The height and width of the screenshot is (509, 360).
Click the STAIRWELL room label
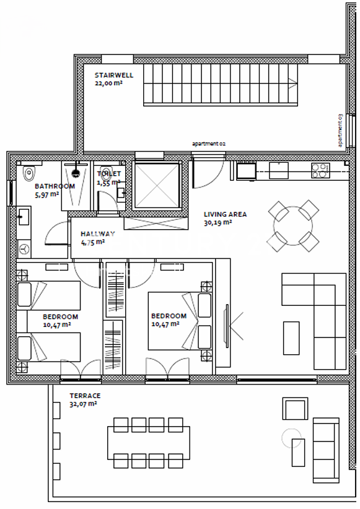point(114,75)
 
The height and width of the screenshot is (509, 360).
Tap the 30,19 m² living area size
point(217,223)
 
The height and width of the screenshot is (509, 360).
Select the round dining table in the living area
point(293,225)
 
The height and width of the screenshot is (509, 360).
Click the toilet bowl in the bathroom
point(29,173)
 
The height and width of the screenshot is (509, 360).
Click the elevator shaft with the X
point(157,185)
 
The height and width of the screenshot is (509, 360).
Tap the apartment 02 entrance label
point(209,144)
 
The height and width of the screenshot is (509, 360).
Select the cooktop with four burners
point(320,170)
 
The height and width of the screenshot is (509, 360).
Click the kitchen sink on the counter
point(279,170)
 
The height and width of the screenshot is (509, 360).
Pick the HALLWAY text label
point(97,233)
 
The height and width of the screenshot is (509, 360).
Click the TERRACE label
point(85,396)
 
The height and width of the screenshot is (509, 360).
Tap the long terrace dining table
point(149,443)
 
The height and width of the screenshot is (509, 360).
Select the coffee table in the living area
point(291,338)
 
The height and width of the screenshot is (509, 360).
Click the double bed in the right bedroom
point(180,321)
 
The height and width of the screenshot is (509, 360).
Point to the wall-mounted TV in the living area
point(226,326)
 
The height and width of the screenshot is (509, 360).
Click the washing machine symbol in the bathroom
point(24,250)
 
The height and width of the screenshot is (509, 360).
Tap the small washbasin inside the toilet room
point(122,193)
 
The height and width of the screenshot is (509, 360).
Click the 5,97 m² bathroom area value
point(47,195)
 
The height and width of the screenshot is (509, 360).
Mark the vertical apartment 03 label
point(340,130)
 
